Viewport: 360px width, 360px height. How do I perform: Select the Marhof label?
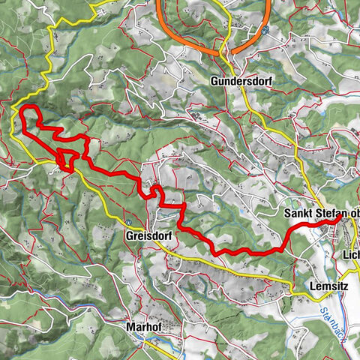coord(144,327)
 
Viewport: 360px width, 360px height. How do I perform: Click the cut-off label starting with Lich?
coord(350,254)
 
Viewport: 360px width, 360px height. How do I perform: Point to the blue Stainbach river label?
coord(329,322)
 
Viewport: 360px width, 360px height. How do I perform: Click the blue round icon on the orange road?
coord(265,30)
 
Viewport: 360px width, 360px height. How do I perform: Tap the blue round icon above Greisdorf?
coord(128,222)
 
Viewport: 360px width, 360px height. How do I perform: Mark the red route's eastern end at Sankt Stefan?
coord(334,220)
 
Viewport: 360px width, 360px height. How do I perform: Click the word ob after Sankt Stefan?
coord(353,214)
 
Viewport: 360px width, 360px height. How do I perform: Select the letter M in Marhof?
coord(130,327)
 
